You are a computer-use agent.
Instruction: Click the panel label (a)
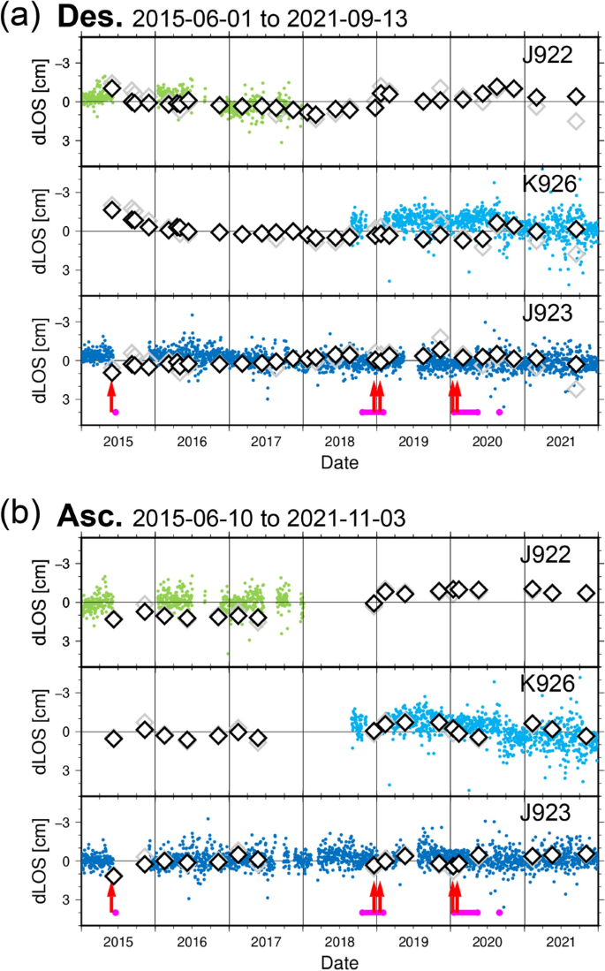tap(19, 17)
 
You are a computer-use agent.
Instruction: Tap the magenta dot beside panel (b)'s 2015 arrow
tap(116, 912)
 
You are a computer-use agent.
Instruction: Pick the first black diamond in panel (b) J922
tap(113, 619)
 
